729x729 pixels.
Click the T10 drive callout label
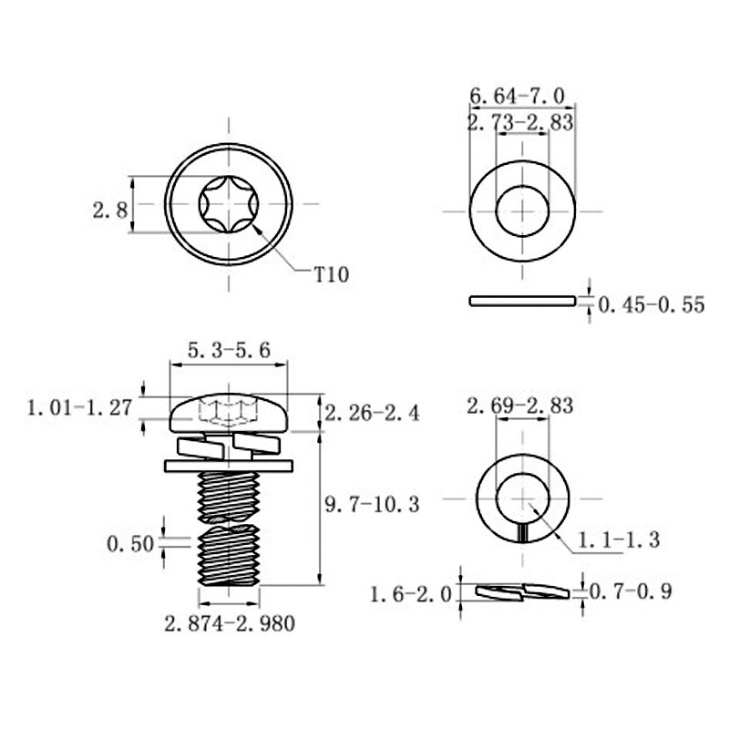[332, 274]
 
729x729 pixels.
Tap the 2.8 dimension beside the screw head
[109, 210]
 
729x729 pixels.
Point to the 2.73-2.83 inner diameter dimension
[520, 124]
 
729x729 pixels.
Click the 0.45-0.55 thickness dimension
[652, 305]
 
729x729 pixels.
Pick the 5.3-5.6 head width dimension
[228, 349]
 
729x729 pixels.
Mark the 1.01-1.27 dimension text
[80, 407]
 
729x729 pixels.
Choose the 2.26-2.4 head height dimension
[372, 413]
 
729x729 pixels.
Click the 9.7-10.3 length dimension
[372, 502]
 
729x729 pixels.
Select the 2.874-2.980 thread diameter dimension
[229, 623]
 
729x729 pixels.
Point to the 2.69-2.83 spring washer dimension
[519, 406]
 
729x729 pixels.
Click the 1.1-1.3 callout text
[617, 539]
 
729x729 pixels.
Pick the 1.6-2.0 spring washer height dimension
[411, 595]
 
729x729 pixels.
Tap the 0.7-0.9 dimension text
[631, 591]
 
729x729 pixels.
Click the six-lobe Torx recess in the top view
[228, 204]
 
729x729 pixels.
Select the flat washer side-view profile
[521, 301]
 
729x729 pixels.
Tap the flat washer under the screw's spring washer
[229, 466]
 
